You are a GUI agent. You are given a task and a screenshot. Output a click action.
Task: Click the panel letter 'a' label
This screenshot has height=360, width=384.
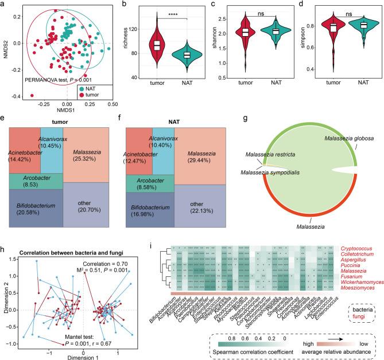(x=4, y=5)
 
